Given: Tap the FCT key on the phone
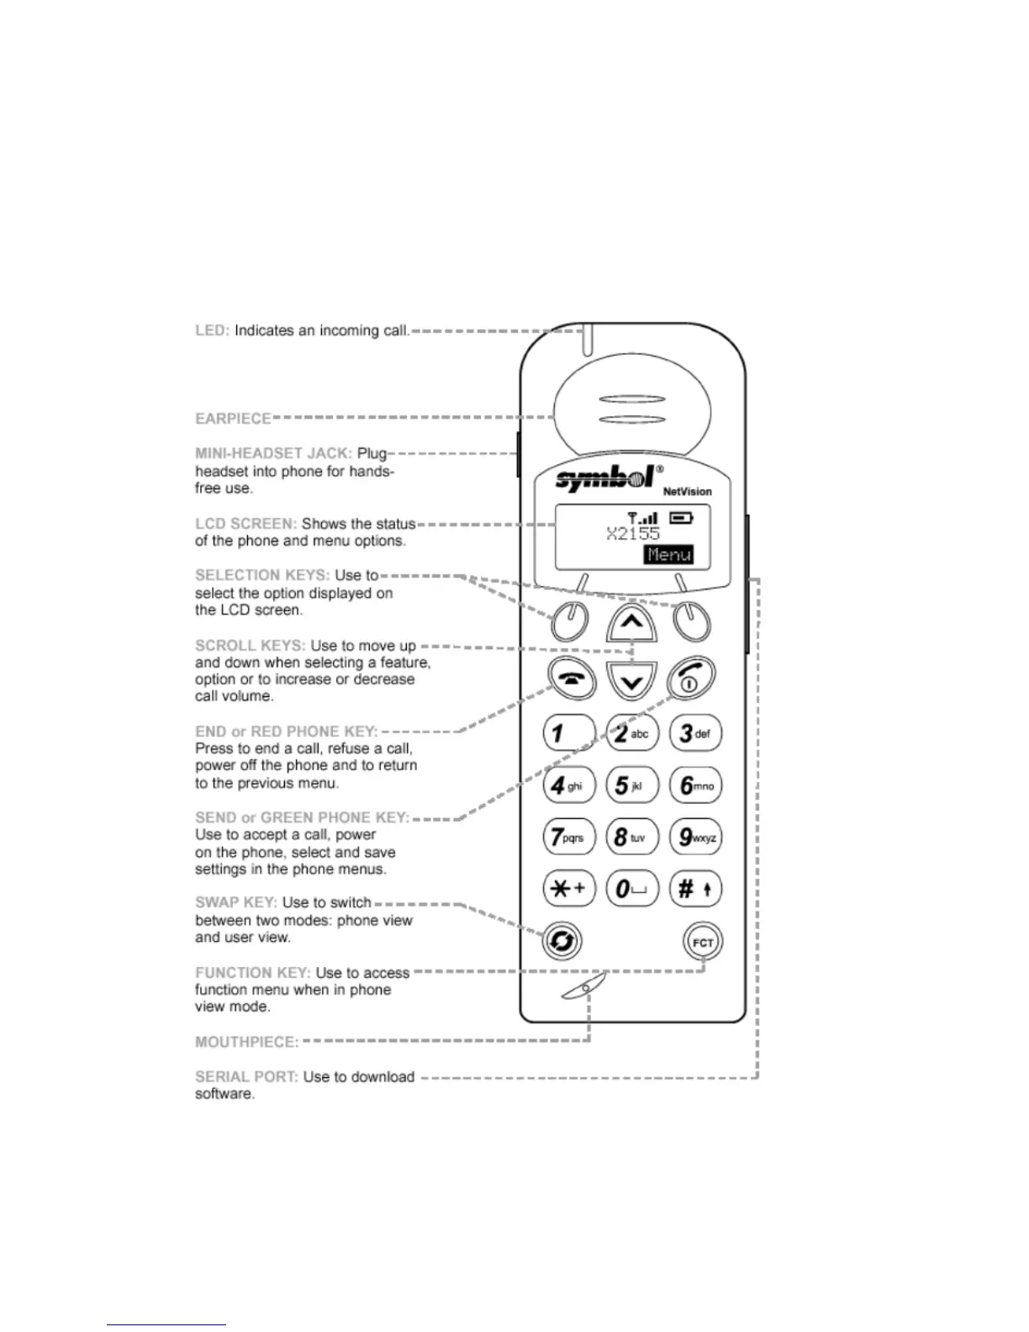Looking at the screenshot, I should click(x=703, y=942).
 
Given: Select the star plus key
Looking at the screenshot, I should click(x=568, y=889).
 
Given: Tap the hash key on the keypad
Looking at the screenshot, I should click(x=695, y=889).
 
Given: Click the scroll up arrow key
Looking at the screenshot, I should click(x=631, y=623).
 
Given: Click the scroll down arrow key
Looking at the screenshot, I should click(x=631, y=681).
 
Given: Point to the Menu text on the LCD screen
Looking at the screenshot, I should click(x=669, y=555).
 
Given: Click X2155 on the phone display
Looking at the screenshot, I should click(x=633, y=534).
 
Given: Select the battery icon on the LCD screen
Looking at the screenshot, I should click(x=681, y=518).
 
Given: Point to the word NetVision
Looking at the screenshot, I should click(x=687, y=492).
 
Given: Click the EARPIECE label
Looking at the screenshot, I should click(x=233, y=419).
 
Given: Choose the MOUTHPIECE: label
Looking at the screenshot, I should click(x=246, y=1043).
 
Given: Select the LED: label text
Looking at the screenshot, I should click(x=212, y=331).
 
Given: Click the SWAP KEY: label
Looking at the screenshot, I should click(x=236, y=903).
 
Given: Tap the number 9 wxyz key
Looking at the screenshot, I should click(x=695, y=837).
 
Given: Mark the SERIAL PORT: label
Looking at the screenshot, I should click(x=246, y=1077).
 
